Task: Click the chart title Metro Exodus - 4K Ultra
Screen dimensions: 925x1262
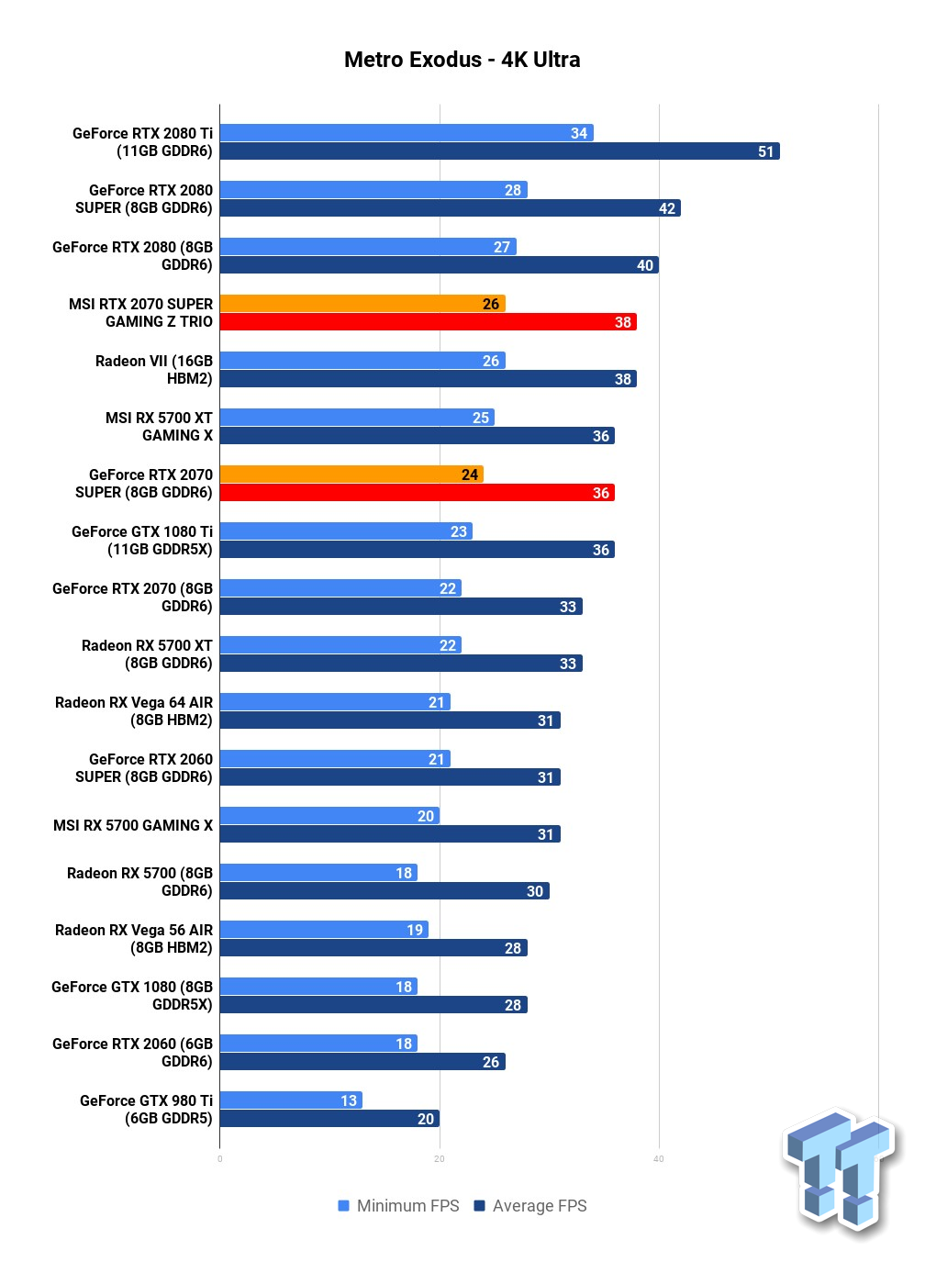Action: click(462, 59)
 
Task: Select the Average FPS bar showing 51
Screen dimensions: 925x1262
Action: click(500, 151)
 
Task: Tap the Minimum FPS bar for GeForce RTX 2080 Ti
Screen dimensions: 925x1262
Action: click(407, 133)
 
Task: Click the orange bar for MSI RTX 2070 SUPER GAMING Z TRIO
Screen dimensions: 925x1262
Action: click(362, 304)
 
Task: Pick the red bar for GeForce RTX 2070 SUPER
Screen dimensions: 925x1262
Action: click(418, 492)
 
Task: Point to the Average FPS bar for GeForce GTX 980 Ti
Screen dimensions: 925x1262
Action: click(329, 1118)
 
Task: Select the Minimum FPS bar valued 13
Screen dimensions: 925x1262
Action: click(291, 1100)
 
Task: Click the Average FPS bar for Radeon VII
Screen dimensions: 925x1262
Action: click(429, 378)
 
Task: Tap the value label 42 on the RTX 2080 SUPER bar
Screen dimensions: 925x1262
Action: click(666, 208)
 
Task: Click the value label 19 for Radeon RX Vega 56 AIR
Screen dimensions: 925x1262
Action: click(415, 930)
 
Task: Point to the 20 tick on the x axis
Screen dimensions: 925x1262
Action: click(440, 1159)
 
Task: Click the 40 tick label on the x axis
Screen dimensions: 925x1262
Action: click(659, 1159)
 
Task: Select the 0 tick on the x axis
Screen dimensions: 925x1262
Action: click(219, 1159)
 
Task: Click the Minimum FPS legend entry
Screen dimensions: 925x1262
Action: click(398, 1206)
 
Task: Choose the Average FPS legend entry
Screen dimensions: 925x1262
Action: click(530, 1206)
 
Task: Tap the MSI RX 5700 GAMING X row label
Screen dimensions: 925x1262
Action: click(133, 825)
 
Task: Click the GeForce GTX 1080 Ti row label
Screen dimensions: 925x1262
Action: click(142, 541)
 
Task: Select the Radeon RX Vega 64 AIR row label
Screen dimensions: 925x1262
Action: click(133, 711)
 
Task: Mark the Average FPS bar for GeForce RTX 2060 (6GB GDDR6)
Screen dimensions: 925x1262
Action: click(362, 1061)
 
